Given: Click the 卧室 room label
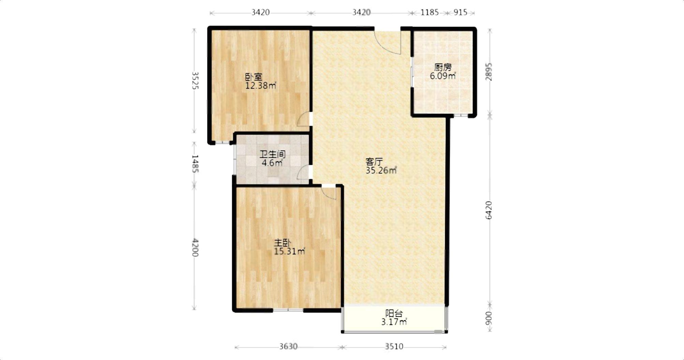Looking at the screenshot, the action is (254, 77).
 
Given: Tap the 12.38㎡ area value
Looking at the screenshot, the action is (261, 86).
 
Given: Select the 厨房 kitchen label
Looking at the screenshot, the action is (443, 67).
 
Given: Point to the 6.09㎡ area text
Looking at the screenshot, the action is (443, 76).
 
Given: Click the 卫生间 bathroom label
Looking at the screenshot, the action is (272, 154).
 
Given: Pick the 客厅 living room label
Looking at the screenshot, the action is (374, 162).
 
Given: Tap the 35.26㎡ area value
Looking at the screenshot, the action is (381, 170).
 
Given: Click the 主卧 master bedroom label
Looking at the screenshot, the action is (282, 243).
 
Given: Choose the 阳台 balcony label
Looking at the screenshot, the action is (394, 314).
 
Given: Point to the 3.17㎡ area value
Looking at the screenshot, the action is (394, 322).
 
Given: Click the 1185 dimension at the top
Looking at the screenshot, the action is (429, 12).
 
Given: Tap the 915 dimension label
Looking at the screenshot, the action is (460, 12).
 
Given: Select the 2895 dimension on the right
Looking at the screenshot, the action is (489, 72).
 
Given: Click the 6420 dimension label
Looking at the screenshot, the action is (489, 210).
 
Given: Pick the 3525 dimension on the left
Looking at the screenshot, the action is (195, 80).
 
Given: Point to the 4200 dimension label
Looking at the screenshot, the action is (195, 247).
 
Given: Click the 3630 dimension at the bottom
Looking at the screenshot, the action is (288, 347).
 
